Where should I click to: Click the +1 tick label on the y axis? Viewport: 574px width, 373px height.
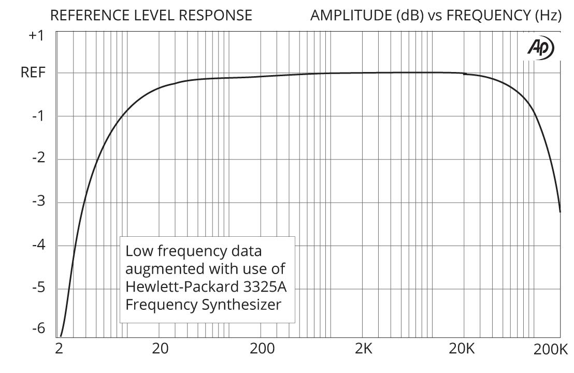click(36, 36)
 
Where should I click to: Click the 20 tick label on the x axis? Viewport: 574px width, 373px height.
click(161, 349)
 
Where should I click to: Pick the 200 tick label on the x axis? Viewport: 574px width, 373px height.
click(262, 349)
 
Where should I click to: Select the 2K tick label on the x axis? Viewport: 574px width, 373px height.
click(364, 349)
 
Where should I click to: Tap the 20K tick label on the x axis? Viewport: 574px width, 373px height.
click(462, 349)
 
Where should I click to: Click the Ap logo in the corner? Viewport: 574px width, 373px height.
click(540, 48)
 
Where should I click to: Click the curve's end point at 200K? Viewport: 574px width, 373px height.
click(560, 212)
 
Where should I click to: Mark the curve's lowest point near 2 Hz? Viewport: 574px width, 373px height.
click(61, 336)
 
